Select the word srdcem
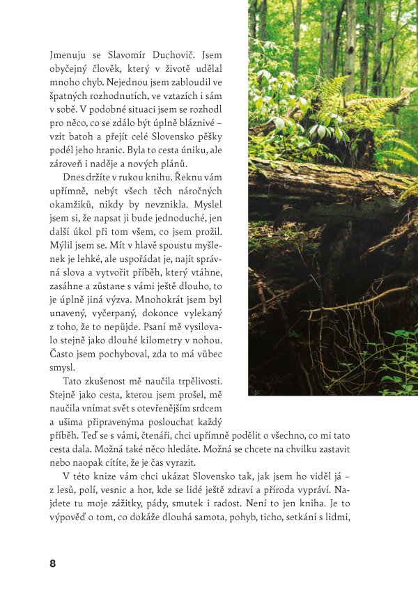point(226,416)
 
